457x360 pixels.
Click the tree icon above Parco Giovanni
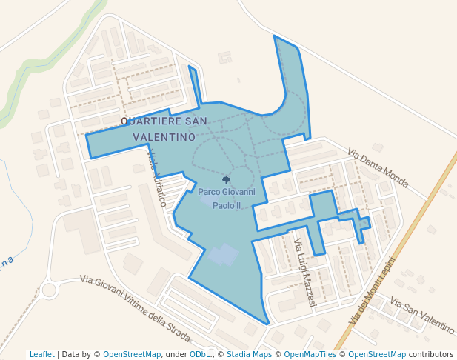click(226, 180)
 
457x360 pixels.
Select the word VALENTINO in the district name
click(164, 137)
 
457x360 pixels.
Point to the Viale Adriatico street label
click(156, 179)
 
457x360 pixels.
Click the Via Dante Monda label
click(378, 168)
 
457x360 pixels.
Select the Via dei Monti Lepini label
click(372, 291)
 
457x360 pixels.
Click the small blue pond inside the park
click(224, 256)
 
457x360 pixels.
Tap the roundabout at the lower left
click(50, 289)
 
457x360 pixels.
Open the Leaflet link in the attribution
click(42, 354)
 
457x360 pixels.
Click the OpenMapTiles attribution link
click(310, 354)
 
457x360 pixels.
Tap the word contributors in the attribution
click(431, 354)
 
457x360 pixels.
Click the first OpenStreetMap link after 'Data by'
click(132, 354)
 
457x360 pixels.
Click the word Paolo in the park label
click(222, 206)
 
